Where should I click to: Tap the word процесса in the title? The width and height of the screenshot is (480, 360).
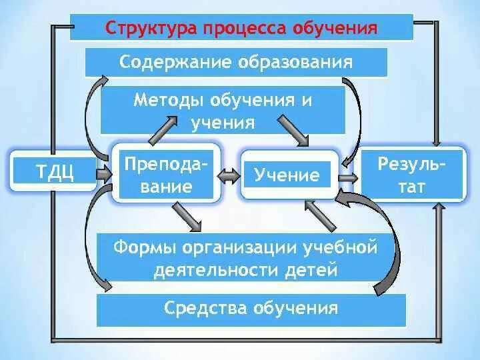[x=237, y=29]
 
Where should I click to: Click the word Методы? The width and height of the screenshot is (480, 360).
[x=168, y=101]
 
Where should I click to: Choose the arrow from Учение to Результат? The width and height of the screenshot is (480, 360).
[x=347, y=178]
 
